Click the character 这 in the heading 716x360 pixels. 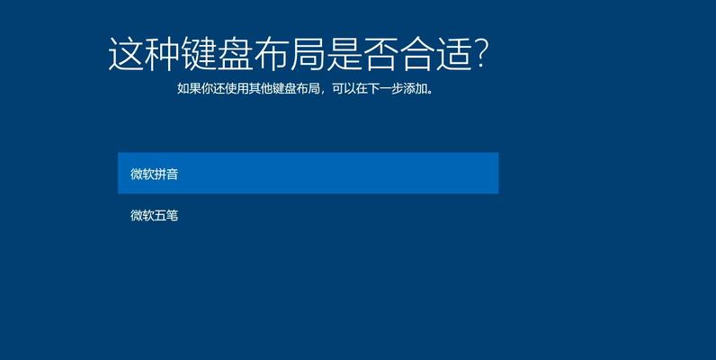(126, 54)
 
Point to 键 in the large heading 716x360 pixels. (199, 54)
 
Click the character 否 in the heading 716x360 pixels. (381, 54)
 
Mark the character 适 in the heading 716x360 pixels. (455, 54)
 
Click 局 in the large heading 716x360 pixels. (309, 54)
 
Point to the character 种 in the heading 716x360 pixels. (163, 54)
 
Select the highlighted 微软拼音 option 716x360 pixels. (309, 173)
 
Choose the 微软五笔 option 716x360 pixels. (154, 215)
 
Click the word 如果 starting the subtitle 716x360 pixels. (189, 88)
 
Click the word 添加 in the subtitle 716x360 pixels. (415, 88)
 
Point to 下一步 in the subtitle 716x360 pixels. (385, 88)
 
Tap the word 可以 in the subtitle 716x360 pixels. (344, 88)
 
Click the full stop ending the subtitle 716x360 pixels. (430, 92)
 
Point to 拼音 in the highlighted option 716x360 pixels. (166, 174)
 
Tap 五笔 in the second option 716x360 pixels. (166, 215)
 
